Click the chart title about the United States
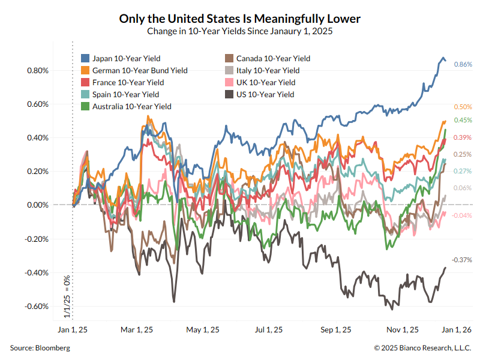tap(240, 19)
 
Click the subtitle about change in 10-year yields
tap(240, 31)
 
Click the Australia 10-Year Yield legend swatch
tap(85, 106)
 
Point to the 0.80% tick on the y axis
tap(37, 70)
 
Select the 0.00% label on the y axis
tap(37, 205)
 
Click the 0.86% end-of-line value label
tap(463, 64)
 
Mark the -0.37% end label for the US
tap(463, 260)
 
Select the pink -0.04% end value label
tap(463, 215)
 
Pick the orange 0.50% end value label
tap(463, 107)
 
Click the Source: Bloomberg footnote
tap(40, 347)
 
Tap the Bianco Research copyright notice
tap(423, 347)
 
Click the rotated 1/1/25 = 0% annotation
tap(67, 296)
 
